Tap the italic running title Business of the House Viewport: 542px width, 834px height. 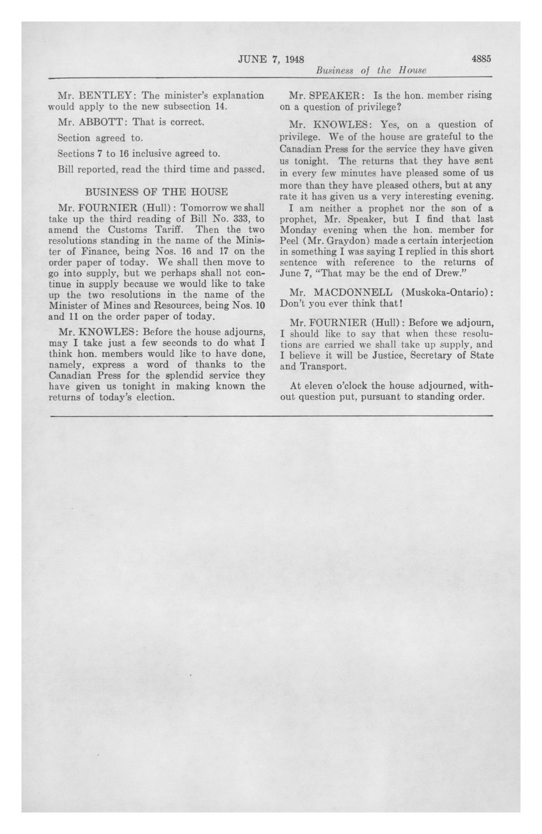371,71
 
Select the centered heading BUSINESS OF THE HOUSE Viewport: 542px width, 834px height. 156,192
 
